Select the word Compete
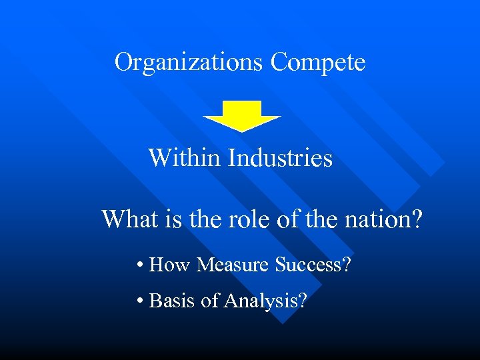318,63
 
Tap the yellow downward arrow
242,115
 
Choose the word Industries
280,158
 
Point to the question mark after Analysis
303,301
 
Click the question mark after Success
347,265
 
